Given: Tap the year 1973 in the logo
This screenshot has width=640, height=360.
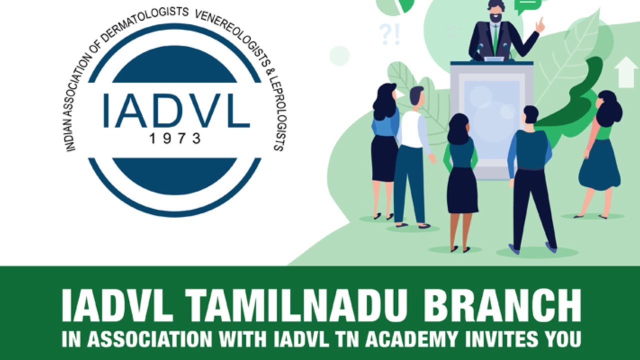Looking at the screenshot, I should click(175, 138).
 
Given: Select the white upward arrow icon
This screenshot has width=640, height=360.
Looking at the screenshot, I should click(625, 72).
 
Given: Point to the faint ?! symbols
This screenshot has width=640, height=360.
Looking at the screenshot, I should click(389, 34).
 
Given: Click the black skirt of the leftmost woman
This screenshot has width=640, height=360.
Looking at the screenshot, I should click(384, 157).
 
